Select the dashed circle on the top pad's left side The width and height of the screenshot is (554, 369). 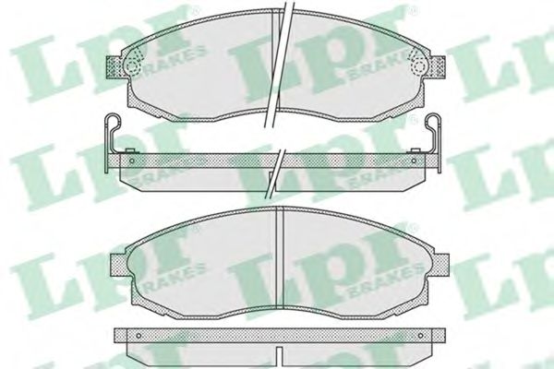(x=132, y=66)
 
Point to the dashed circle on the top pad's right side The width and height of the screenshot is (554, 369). (x=418, y=66)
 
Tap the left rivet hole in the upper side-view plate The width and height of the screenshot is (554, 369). (x=131, y=161)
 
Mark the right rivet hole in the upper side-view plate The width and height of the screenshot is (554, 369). (x=414, y=161)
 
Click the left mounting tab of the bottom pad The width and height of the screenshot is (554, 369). (x=119, y=265)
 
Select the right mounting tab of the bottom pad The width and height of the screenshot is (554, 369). (x=440, y=265)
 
